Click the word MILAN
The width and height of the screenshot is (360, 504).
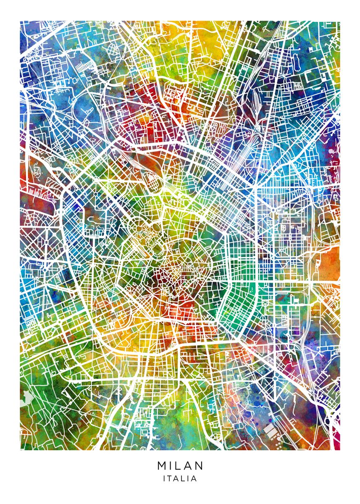point(180,466)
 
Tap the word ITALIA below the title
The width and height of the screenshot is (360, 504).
point(180,478)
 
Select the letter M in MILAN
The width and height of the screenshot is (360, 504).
point(162,466)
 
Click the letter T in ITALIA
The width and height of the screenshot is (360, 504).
point(170,478)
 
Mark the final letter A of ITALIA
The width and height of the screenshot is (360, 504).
point(194,478)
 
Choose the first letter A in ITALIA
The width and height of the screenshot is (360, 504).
point(176,478)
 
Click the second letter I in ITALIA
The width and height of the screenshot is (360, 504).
point(188,478)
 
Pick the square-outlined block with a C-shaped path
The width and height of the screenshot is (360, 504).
point(313,78)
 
